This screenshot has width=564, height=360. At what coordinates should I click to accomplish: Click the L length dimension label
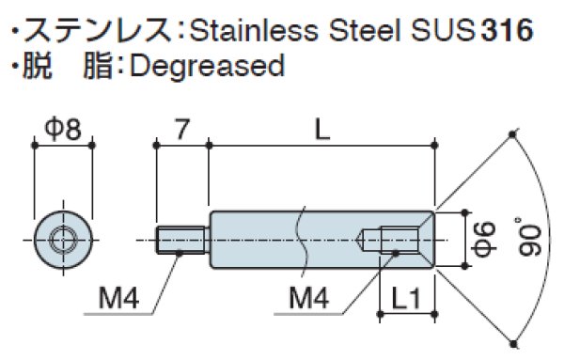(322, 128)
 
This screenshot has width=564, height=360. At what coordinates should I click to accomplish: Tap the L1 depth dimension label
(405, 302)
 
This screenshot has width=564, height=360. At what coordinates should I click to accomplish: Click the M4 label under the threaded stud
(118, 301)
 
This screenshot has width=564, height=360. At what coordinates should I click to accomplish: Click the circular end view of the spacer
(63, 240)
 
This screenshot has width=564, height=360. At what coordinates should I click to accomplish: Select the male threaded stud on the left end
(182, 240)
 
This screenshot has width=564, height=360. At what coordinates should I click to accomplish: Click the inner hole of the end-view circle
(63, 240)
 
